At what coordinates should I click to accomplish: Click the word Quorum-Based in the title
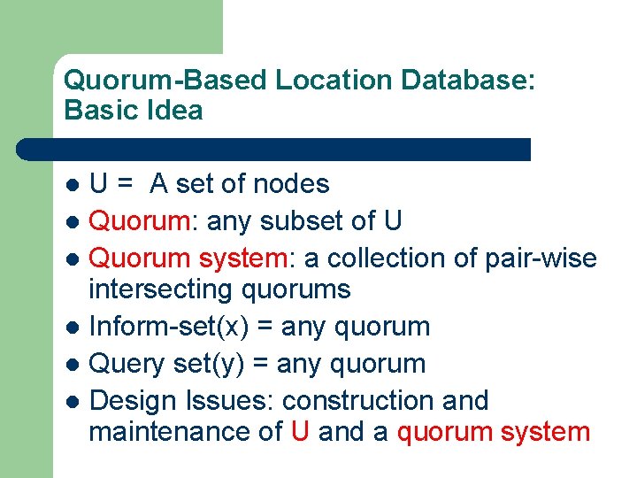(165, 80)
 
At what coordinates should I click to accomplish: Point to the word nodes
(291, 184)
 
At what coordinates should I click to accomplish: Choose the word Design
(133, 401)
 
